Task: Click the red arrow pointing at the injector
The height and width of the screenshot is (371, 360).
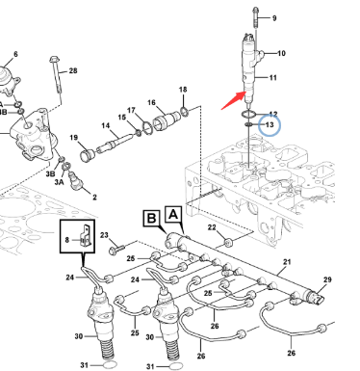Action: pyautogui.click(x=234, y=100)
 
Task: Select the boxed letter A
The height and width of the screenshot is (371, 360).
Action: pyautogui.click(x=173, y=214)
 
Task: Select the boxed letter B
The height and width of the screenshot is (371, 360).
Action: pyautogui.click(x=151, y=219)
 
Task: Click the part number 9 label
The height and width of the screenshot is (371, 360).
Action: pyautogui.click(x=274, y=18)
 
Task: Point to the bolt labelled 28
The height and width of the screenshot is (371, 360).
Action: pyautogui.click(x=56, y=75)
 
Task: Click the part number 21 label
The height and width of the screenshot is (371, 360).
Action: pyautogui.click(x=287, y=262)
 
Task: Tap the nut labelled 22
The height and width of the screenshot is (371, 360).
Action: pyautogui.click(x=228, y=242)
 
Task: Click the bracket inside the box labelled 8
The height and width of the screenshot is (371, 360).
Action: pyautogui.click(x=86, y=236)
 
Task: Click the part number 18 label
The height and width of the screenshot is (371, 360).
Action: pyautogui.click(x=183, y=90)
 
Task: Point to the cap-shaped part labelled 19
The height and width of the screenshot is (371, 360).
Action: pyautogui.click(x=88, y=156)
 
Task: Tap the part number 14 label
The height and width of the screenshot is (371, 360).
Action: pyautogui.click(x=106, y=125)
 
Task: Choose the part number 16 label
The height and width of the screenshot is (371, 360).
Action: pyautogui.click(x=151, y=103)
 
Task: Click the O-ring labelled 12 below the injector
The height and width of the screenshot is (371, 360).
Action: pyautogui.click(x=248, y=114)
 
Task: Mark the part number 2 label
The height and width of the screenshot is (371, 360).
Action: pyautogui.click(x=94, y=197)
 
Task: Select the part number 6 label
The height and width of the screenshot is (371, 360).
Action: pyautogui.click(x=15, y=54)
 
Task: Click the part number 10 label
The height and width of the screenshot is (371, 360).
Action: pyautogui.click(x=281, y=53)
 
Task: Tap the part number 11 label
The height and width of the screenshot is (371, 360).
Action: pyautogui.click(x=272, y=77)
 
